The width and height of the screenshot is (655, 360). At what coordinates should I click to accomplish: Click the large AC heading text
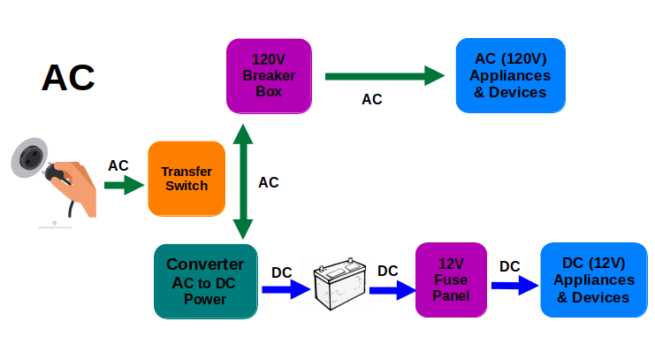[x=68, y=78]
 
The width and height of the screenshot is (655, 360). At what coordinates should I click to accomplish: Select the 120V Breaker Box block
[x=269, y=76]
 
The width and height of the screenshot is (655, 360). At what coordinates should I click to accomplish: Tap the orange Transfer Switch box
[x=187, y=179]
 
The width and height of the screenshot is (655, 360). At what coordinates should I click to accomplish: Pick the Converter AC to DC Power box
[x=206, y=281]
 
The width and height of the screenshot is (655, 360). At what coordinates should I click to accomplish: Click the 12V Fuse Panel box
[x=451, y=280]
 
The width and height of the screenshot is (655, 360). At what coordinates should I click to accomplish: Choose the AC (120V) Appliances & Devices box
[x=510, y=75]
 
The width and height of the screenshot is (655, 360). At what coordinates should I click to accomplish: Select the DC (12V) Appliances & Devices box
[x=594, y=280]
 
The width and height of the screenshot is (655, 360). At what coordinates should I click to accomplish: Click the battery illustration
[x=340, y=284]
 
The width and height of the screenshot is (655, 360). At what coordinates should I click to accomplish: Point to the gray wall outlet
[x=29, y=157]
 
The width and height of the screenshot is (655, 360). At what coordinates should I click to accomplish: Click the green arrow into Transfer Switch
[x=124, y=185]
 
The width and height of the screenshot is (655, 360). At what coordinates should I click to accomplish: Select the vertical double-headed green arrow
[x=243, y=181]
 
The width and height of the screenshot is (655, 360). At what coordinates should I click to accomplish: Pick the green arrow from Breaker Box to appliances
[x=385, y=76]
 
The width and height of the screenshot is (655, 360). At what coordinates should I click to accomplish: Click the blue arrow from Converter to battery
[x=286, y=289]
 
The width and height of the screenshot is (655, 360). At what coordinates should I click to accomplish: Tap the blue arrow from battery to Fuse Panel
[x=392, y=290]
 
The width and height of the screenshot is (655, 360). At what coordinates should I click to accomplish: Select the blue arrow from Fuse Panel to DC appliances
[x=514, y=286]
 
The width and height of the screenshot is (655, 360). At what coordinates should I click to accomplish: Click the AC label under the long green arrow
[x=372, y=100]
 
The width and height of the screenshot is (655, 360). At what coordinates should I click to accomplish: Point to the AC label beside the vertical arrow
[x=268, y=183]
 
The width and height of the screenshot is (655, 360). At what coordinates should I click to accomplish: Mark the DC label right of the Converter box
[x=282, y=272]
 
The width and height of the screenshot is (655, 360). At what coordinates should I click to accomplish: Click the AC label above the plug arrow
[x=118, y=166]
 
